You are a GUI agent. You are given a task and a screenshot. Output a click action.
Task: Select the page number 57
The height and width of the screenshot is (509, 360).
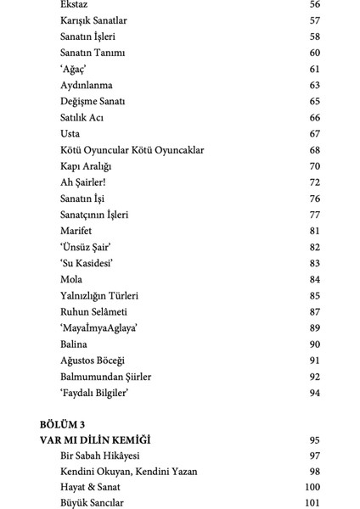coord(315,20)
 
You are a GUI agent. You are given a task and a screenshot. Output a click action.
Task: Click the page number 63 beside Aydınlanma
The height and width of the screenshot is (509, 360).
coord(315,86)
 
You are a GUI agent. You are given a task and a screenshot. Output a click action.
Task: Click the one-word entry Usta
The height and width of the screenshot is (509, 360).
coord(71,134)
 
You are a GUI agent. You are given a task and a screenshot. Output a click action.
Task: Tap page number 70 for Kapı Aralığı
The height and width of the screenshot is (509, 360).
coord(315,166)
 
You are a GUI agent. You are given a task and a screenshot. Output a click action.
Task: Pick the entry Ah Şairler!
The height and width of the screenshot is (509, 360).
coord(83,182)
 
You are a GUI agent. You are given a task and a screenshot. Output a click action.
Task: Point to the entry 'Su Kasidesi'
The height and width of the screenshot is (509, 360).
coord(87,263)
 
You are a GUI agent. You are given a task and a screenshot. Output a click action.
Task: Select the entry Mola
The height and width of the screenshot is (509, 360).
coord(71,279)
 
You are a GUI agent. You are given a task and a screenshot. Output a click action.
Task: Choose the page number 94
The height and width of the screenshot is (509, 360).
coord(315,393)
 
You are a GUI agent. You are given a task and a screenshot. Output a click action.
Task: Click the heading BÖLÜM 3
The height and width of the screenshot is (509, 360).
coord(64,424)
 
